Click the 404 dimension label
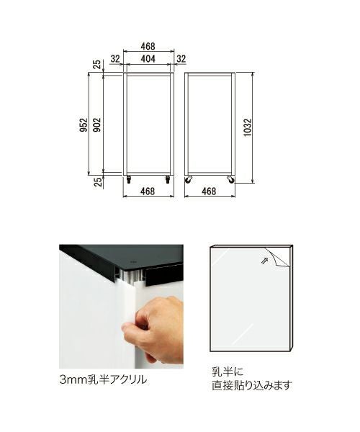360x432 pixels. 148,59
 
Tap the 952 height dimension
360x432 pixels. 84,125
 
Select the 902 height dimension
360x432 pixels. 97,125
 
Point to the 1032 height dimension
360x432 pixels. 248,127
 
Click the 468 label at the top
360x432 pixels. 148,46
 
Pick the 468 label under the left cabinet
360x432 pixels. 148,191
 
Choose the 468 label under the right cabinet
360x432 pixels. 209,191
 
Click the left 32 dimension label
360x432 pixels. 115,59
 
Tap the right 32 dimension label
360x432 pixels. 181,59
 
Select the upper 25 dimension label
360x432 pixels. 97,65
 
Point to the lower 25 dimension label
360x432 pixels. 98,182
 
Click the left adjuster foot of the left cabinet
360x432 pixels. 129,179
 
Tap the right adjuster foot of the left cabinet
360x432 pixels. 167,179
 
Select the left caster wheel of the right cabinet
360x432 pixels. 189,179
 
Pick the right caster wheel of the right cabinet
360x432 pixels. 230,179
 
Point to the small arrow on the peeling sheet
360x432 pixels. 264,260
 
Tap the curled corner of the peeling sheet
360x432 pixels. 278,256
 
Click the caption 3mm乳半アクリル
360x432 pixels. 103,380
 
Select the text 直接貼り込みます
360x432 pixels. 252,385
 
